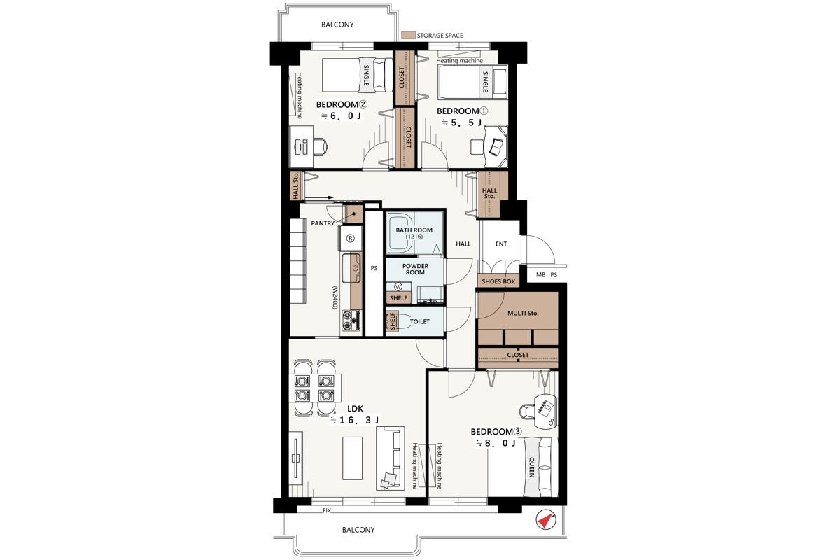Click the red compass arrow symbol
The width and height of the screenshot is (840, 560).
click(x=545, y=520)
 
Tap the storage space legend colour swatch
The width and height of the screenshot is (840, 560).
click(x=408, y=35)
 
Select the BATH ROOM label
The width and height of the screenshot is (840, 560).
click(x=414, y=230)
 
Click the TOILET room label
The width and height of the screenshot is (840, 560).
click(x=419, y=321)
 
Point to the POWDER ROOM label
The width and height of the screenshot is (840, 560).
click(x=415, y=269)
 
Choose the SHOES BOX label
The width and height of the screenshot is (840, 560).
click(x=498, y=281)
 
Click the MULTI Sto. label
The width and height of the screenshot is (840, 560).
click(x=523, y=313)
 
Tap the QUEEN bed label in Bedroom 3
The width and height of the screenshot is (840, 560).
click(x=531, y=467)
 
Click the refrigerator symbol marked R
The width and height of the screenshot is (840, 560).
click(x=350, y=238)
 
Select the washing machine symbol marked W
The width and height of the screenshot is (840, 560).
click(x=398, y=287)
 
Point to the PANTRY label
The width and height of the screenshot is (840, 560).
click(x=323, y=223)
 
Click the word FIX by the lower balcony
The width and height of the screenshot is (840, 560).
click(x=327, y=510)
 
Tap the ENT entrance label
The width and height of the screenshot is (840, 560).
click(x=501, y=244)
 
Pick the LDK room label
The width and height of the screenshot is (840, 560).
click(x=355, y=409)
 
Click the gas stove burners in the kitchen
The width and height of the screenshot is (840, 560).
click(x=351, y=321)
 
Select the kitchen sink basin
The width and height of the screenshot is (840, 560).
click(x=351, y=268)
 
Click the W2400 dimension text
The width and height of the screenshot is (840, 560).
click(x=335, y=297)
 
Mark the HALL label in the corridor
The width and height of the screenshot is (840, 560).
click(x=463, y=244)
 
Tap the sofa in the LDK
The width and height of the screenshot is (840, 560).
click(x=391, y=458)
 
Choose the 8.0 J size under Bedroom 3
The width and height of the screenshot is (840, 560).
click(x=496, y=443)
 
